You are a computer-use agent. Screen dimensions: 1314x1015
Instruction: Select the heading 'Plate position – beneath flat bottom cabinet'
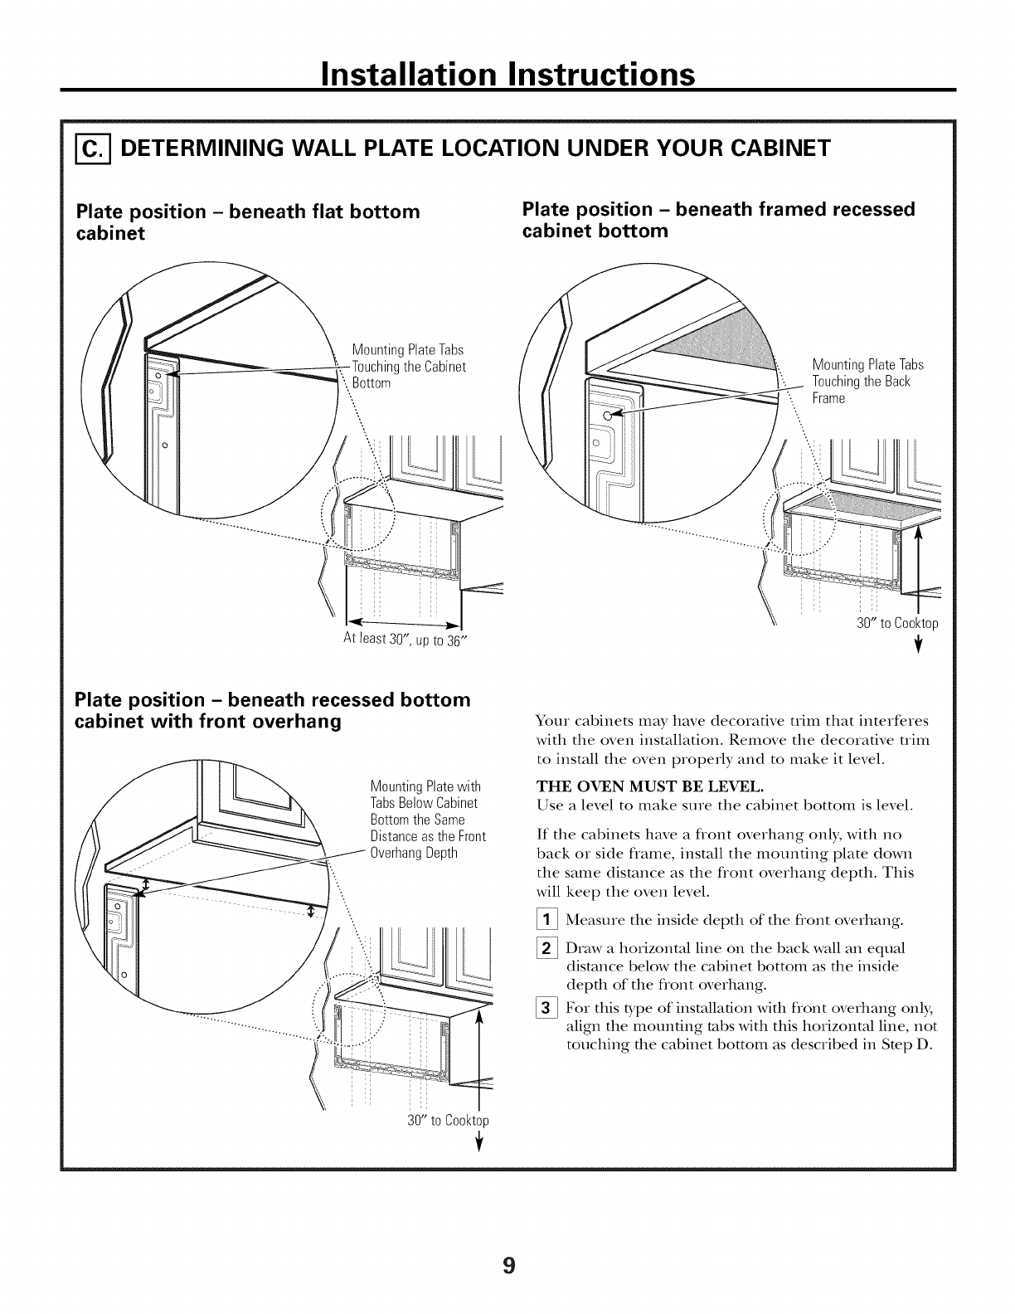coord(247,221)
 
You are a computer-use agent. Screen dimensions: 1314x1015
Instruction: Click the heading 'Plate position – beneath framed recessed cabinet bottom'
coord(718,219)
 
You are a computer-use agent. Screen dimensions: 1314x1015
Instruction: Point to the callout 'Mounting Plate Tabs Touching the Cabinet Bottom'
coord(408,366)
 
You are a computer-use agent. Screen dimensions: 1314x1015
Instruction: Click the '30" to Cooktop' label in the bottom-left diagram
coord(448,1120)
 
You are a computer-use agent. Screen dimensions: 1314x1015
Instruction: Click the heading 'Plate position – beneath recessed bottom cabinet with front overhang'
coord(273,710)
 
